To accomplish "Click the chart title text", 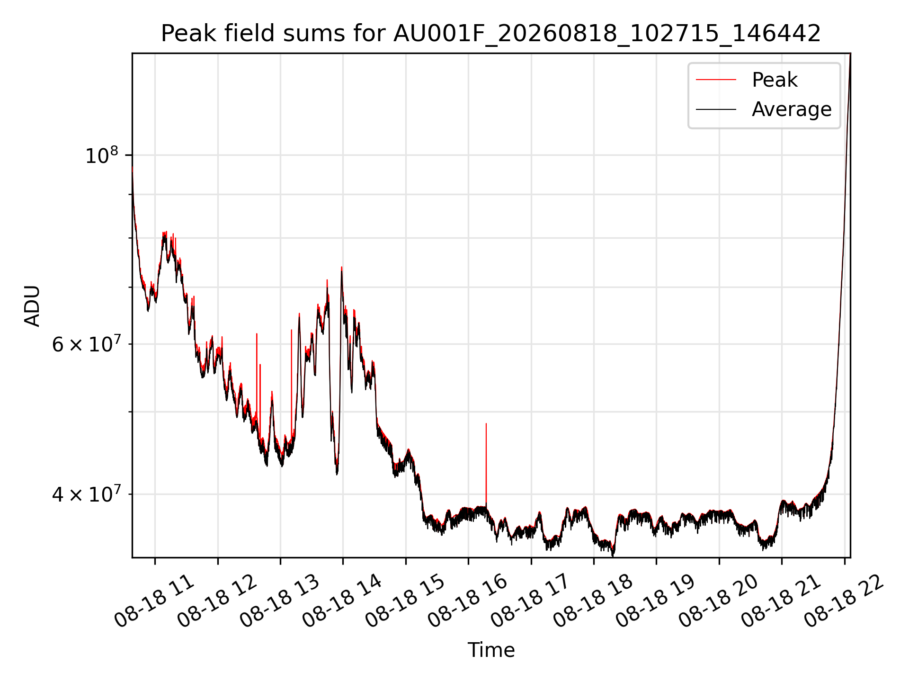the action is click(491, 34).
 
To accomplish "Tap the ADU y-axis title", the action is click(32, 305).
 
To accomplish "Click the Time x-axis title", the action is click(491, 650).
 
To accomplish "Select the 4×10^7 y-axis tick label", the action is click(86, 494).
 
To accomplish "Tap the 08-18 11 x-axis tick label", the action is click(154, 601).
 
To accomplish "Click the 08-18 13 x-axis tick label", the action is click(280, 601).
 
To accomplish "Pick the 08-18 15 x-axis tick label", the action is click(405, 601).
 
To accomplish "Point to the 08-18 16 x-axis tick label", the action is click(468, 601).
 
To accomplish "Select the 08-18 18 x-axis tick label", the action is click(593, 601).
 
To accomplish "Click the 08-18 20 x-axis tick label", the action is click(719, 601).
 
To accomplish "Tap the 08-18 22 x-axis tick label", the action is click(844, 601).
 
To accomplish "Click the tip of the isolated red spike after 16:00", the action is click(486, 423).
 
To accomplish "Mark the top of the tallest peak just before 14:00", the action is click(341, 267).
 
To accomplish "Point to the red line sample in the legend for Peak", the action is click(716, 80).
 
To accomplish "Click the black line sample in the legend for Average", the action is click(716, 109).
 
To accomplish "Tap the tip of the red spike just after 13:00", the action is click(292, 330).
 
